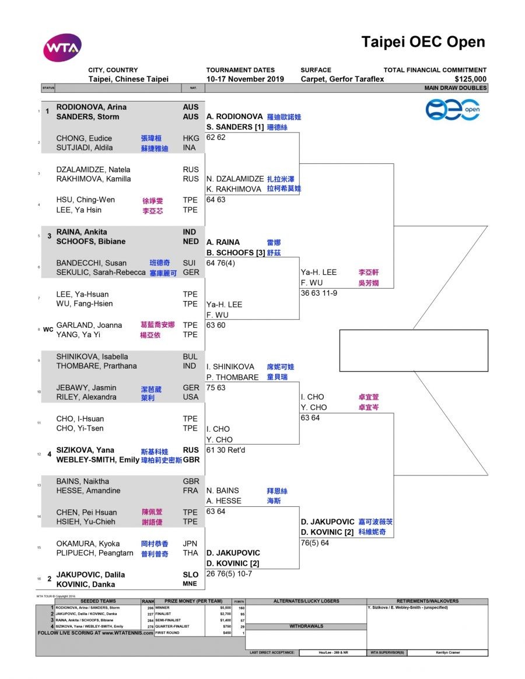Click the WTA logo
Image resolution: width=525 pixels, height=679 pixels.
62,48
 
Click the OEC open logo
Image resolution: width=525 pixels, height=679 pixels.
453,110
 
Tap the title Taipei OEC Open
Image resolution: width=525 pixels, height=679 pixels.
423,42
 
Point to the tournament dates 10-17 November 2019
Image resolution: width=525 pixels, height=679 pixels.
245,79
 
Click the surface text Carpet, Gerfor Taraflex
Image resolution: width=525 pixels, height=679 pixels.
342,79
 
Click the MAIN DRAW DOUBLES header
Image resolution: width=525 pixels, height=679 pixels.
456,88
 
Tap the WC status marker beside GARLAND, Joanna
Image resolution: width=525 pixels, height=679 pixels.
48,330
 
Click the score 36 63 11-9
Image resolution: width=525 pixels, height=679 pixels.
319,293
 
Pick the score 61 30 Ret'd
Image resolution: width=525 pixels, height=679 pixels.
226,450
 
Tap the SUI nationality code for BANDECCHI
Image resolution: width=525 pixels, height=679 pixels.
190,263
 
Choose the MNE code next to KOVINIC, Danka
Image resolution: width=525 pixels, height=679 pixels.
190,584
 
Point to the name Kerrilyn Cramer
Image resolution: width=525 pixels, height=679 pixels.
447,653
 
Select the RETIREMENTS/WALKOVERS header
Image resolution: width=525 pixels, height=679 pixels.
427,601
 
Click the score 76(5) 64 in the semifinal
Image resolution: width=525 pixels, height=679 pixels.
315,543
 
